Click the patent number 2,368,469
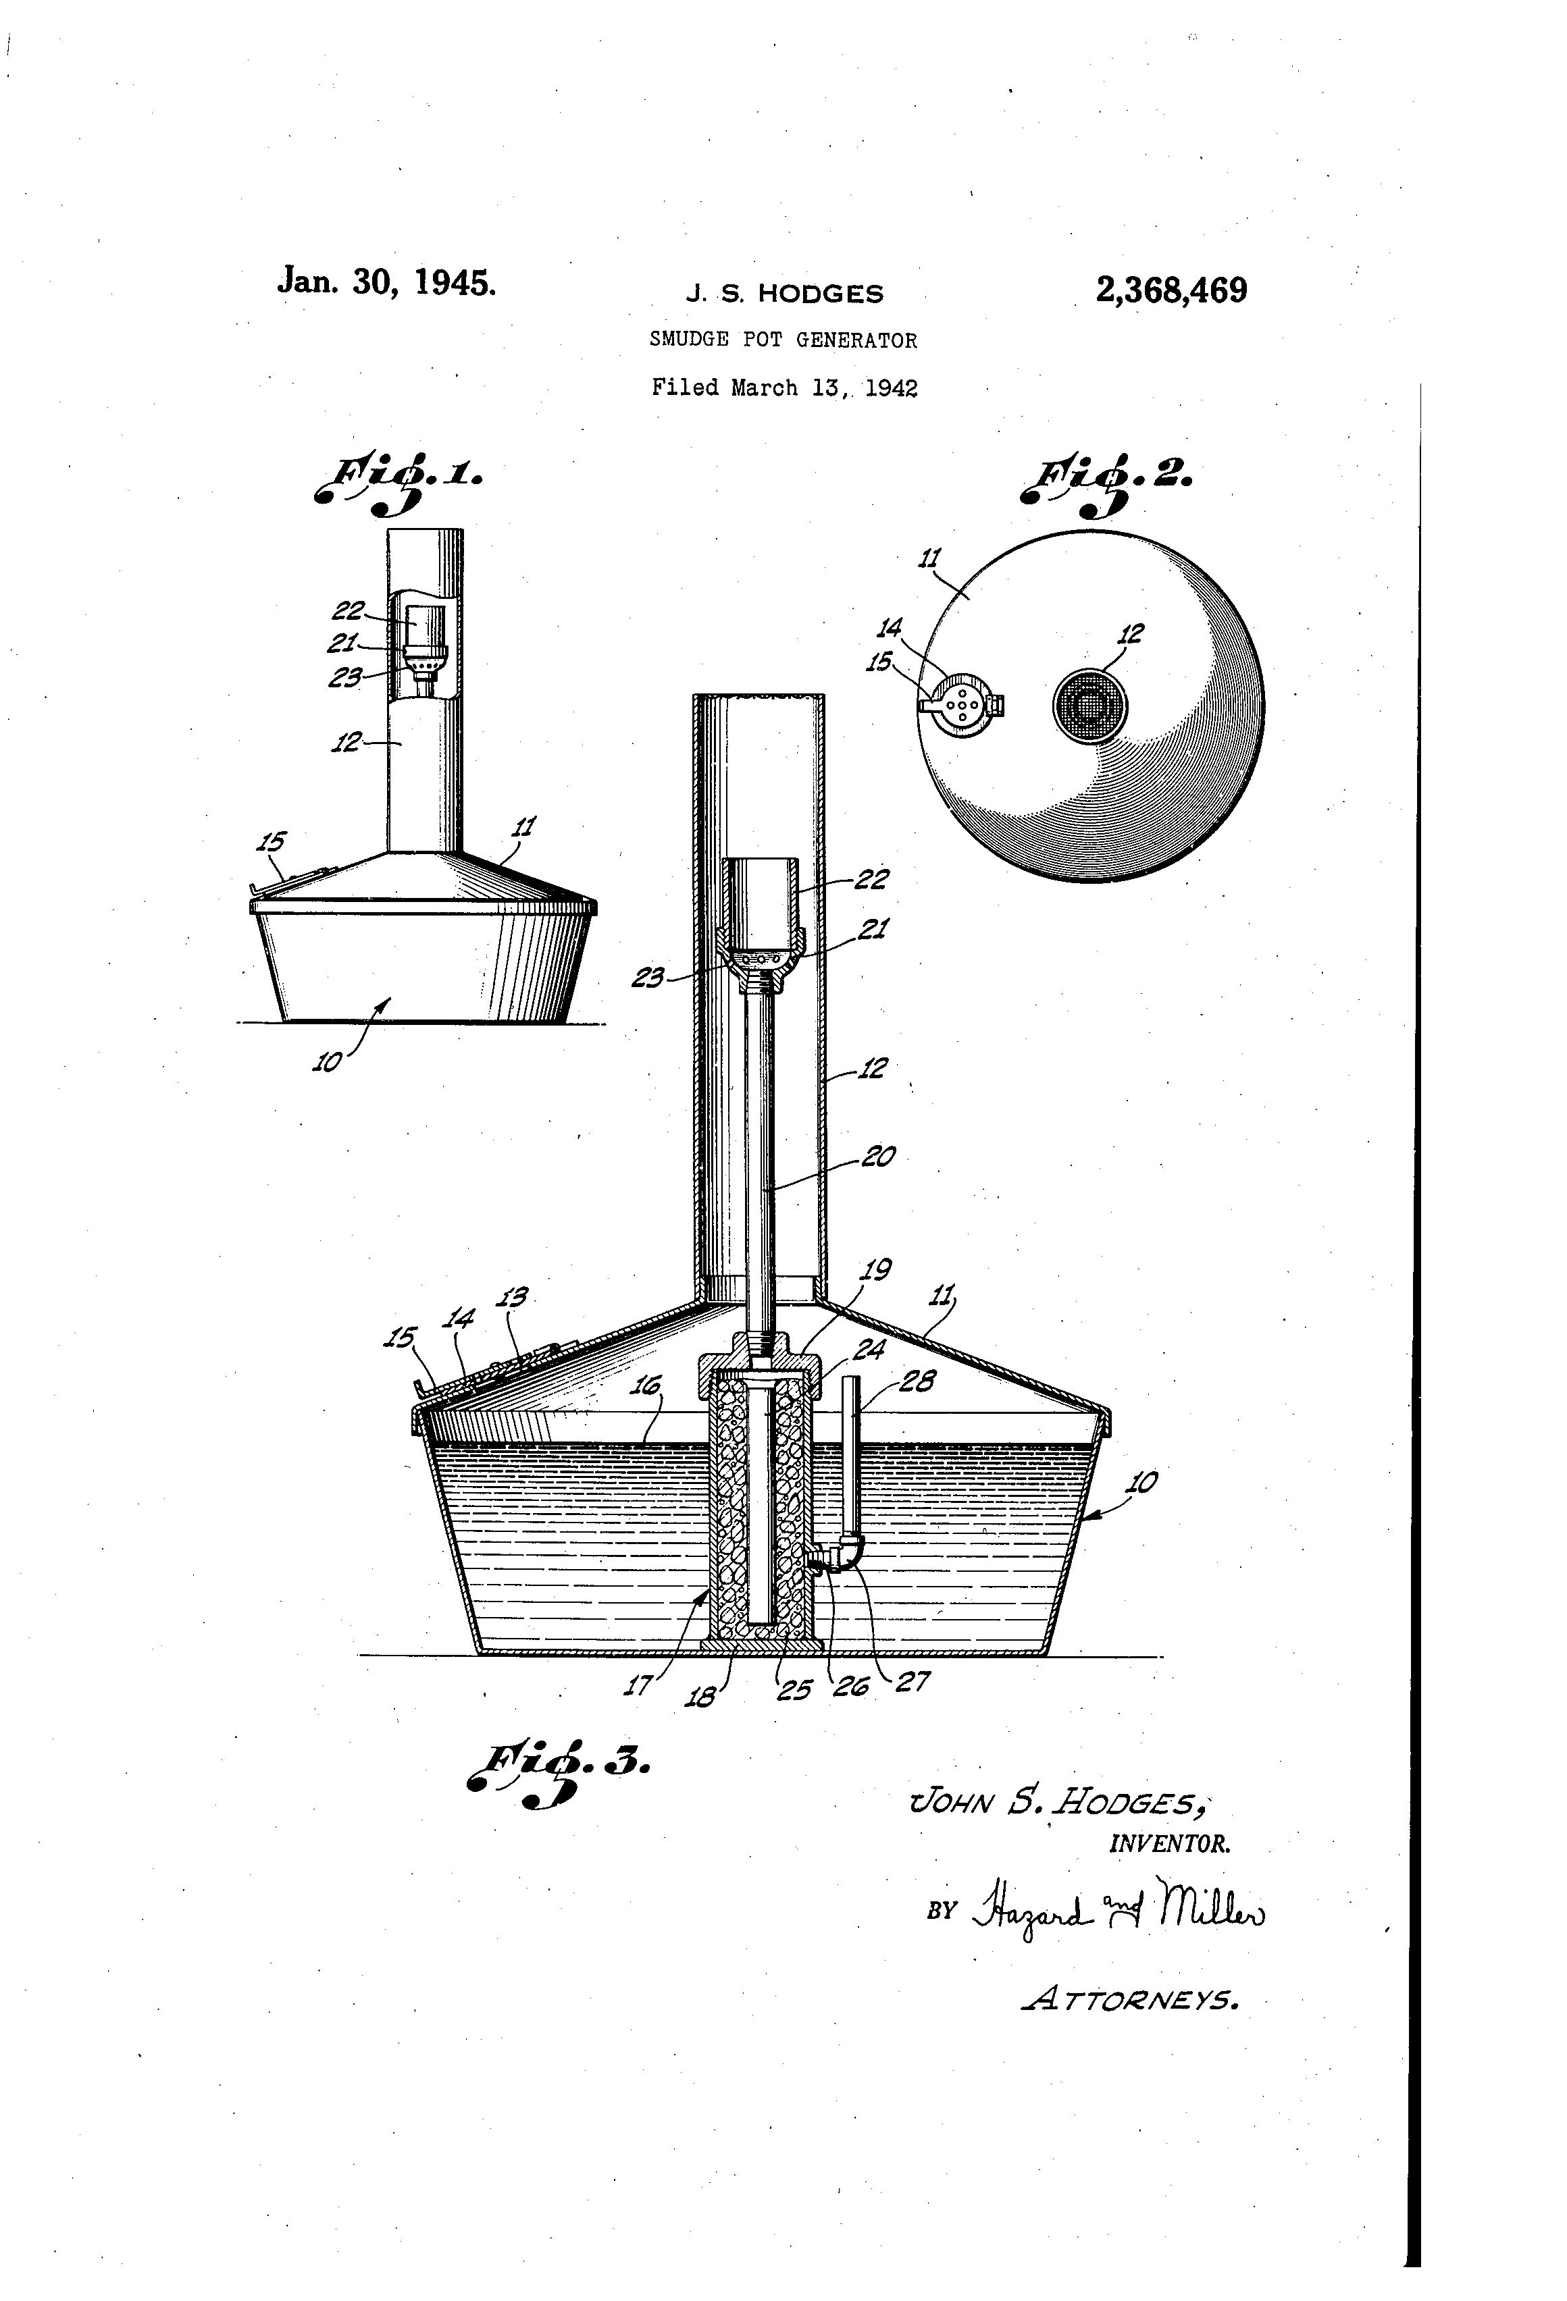pos(1171,290)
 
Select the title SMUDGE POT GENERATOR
pos(783,340)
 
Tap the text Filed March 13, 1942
pos(783,387)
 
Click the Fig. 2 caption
pos(1108,483)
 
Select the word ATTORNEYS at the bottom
pos(1129,2000)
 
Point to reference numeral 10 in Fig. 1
pos(327,1061)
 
